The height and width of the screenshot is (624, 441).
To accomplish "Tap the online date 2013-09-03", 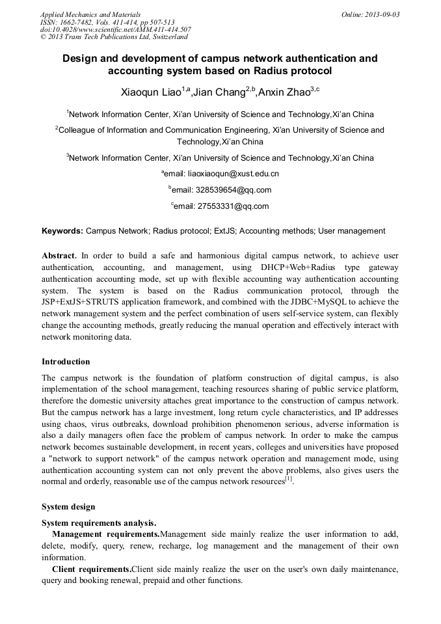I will point(379,14).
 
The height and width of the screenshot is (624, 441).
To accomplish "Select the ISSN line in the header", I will point(107,22).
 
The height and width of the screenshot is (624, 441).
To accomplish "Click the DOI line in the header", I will point(116,30).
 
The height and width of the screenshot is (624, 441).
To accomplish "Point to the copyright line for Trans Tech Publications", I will point(114,38).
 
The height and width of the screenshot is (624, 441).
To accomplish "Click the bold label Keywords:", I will point(62,231).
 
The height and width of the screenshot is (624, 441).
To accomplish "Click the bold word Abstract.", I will point(59,256).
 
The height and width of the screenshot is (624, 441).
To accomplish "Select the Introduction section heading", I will point(66,362).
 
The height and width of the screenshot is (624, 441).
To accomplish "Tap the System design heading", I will point(68,507).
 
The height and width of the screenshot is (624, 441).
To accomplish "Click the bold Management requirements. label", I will point(106,534).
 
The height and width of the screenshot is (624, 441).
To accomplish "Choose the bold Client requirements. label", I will point(92,569).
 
